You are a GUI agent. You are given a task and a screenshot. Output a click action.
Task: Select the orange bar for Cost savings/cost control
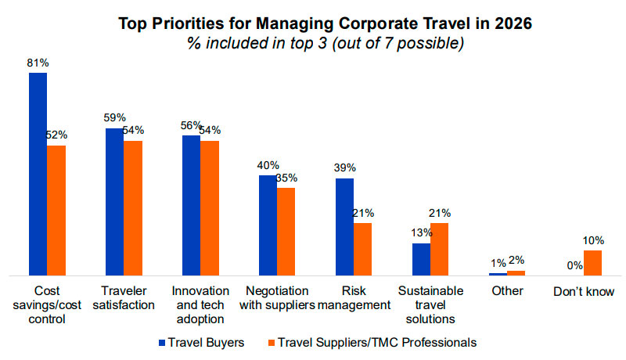point(56,211)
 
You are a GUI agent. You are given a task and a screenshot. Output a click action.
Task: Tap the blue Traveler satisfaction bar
point(114,202)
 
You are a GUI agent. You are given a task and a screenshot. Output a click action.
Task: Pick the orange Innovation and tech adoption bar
point(209,208)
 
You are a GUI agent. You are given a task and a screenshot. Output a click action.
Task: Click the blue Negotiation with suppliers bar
point(268,225)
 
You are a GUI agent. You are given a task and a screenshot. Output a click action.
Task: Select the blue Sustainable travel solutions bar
point(421,259)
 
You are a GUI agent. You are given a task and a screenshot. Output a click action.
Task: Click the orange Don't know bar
point(592,263)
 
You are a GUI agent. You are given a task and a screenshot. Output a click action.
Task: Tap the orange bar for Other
point(516,273)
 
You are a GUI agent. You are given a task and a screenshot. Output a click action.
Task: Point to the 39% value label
point(344,167)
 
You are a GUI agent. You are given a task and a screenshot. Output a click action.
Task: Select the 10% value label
point(593,239)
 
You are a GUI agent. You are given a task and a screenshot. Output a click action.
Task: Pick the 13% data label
point(421,232)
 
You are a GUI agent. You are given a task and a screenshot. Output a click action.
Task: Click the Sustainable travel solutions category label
point(430,304)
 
